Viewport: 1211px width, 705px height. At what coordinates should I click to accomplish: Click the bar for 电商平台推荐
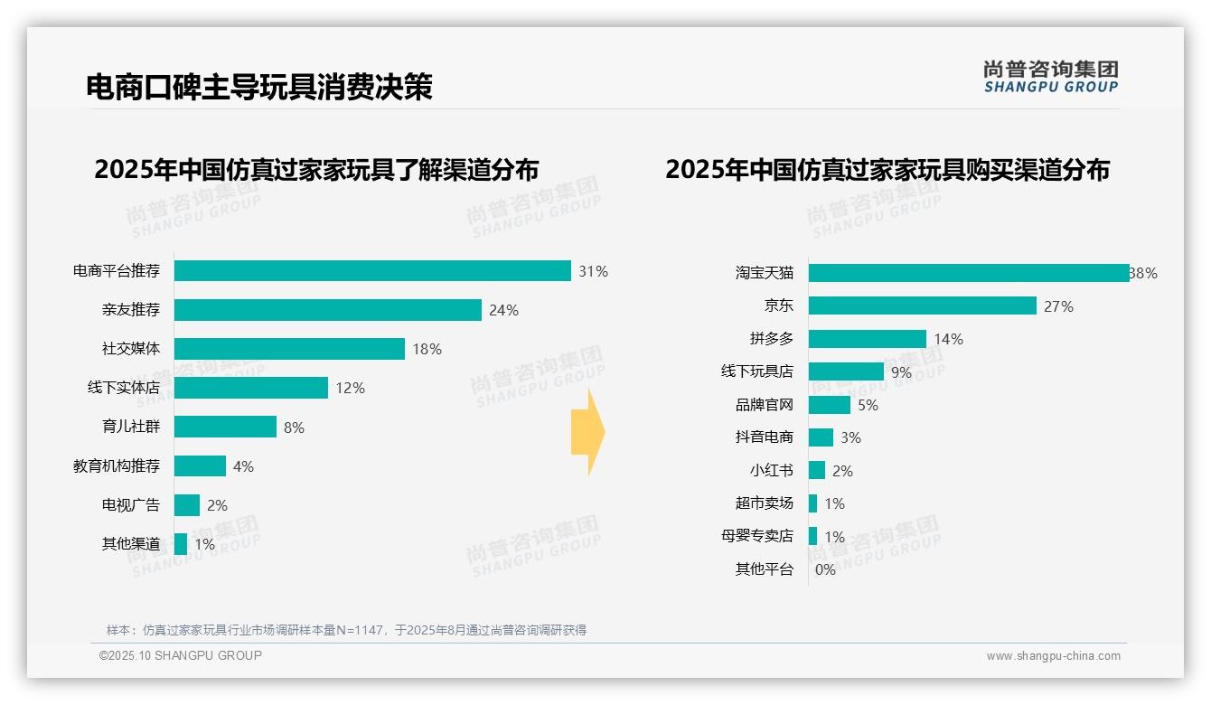(372, 271)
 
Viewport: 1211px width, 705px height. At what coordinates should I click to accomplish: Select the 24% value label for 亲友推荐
(503, 311)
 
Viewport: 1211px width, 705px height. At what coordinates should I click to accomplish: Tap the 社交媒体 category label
(131, 349)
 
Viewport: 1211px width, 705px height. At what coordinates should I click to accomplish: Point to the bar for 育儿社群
(225, 427)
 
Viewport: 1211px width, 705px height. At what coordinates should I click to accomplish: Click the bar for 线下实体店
(251, 388)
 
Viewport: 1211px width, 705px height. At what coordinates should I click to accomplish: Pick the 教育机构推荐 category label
(117, 466)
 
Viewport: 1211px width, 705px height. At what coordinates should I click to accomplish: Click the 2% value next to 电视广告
(217, 506)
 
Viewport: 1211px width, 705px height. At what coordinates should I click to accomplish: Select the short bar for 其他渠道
(181, 544)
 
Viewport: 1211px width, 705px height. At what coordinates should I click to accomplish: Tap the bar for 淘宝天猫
(969, 273)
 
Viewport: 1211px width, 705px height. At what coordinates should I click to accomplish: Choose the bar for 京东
(922, 305)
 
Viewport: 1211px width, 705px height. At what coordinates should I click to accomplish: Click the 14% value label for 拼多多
(949, 340)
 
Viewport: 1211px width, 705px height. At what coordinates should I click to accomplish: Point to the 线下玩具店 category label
(756, 371)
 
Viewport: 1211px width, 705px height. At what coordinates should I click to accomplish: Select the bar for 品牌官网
(830, 405)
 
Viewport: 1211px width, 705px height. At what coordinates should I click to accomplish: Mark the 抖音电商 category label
(764, 437)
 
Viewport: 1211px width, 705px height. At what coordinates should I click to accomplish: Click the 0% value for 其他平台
(825, 570)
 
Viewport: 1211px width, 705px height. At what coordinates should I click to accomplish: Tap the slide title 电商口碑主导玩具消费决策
(259, 87)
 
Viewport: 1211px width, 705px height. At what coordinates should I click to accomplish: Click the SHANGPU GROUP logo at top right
(1050, 77)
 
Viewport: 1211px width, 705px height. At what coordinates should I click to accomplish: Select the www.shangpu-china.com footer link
(1053, 656)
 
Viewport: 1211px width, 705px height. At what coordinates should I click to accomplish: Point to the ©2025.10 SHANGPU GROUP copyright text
(181, 655)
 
